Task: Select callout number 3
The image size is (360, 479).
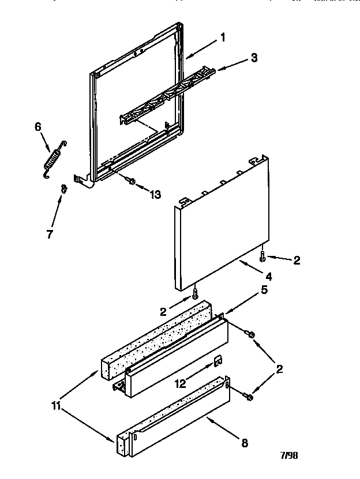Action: coord(254,58)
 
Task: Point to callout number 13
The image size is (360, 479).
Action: coord(155,194)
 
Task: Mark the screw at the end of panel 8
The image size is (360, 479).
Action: coord(247,396)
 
